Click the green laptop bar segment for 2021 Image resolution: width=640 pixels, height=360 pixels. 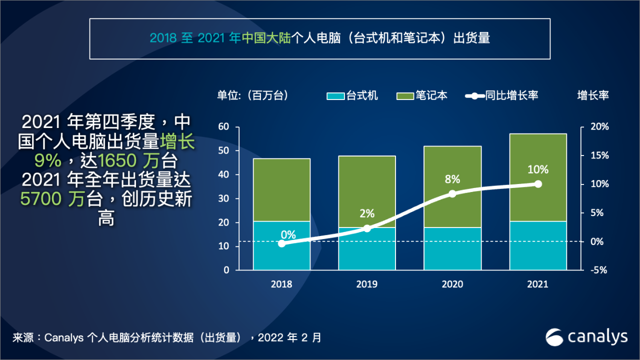click(x=537, y=177)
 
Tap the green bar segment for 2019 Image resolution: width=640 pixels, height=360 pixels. click(x=367, y=191)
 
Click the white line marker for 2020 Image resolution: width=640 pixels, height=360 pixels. click(x=452, y=193)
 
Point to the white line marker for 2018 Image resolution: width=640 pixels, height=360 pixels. click(x=281, y=243)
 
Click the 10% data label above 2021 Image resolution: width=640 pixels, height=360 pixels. click(x=537, y=169)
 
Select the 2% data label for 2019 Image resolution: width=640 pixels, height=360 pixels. click(x=367, y=213)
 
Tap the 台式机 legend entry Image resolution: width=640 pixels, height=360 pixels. click(x=352, y=95)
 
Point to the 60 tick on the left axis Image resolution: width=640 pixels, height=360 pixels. click(x=223, y=127)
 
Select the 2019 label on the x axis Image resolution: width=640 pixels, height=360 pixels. click(x=367, y=284)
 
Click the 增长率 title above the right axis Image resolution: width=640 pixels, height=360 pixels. click(x=593, y=95)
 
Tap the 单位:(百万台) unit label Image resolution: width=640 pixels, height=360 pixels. click(x=252, y=95)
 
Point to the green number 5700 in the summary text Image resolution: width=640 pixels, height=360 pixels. click(x=41, y=199)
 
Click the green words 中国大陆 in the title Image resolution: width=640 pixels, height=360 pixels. click(x=266, y=38)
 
